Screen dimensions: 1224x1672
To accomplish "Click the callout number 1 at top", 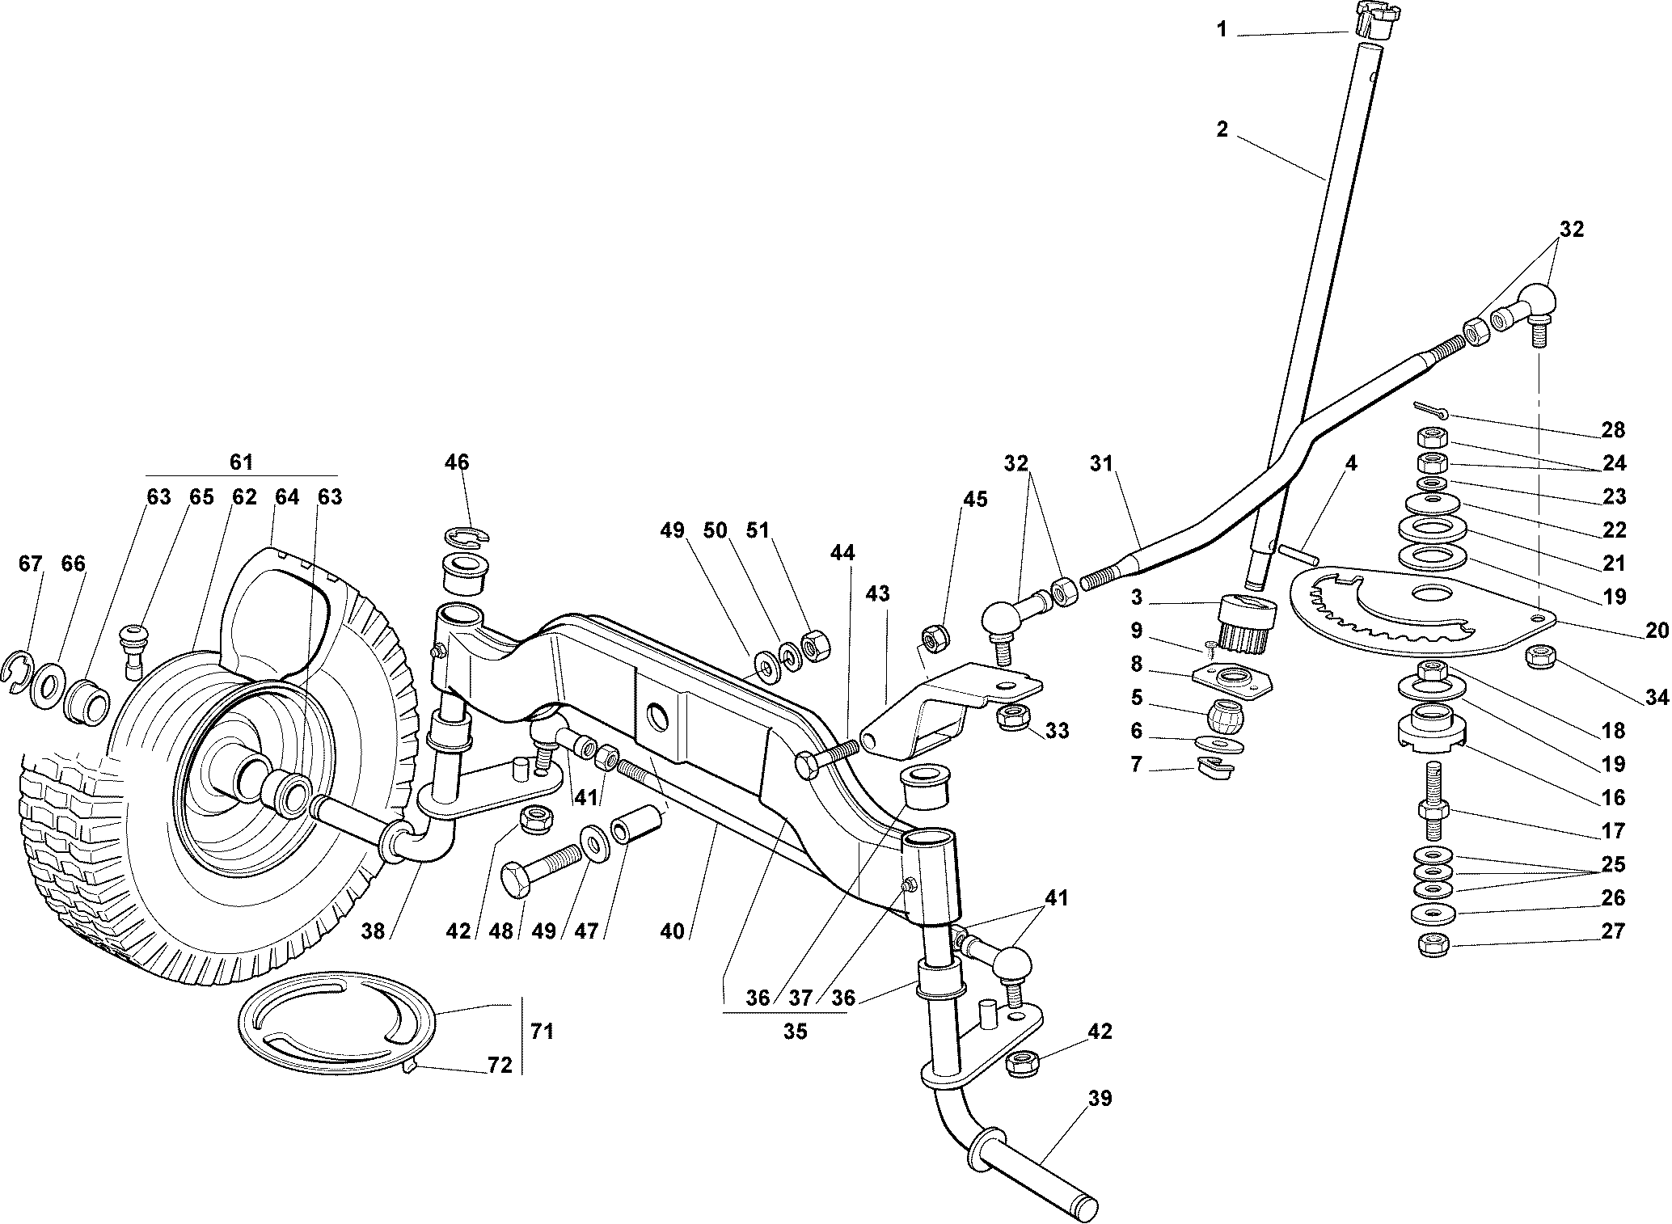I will pos(1222,30).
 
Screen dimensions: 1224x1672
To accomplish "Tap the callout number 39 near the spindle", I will pos(1100,1099).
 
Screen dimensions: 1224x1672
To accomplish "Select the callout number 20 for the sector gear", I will pos(1656,631).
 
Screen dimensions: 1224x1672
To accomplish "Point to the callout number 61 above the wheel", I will pos(241,462).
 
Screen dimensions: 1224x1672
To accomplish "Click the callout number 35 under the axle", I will pos(795,1032).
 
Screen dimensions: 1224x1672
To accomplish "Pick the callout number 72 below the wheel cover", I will pos(500,1066).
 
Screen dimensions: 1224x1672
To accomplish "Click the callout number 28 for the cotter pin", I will pos(1613,429).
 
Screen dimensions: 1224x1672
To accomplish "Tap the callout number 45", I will pos(975,500).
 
